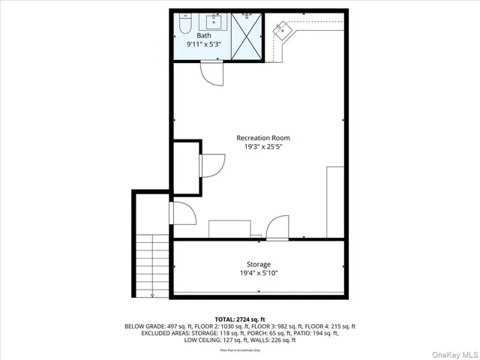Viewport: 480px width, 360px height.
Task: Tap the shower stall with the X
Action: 247,36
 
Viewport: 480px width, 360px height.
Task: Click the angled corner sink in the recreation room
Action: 282,31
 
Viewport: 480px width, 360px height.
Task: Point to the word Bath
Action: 204,36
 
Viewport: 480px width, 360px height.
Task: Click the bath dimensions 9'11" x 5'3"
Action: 204,45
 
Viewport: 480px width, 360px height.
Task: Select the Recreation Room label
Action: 262,138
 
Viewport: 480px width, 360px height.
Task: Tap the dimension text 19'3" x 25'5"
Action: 262,147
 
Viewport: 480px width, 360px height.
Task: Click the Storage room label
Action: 259,265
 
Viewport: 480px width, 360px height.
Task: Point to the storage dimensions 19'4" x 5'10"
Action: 259,274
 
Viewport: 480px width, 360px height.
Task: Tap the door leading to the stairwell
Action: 183,213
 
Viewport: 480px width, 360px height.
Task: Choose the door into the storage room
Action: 277,227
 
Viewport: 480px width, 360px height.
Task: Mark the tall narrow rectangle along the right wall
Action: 335,202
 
